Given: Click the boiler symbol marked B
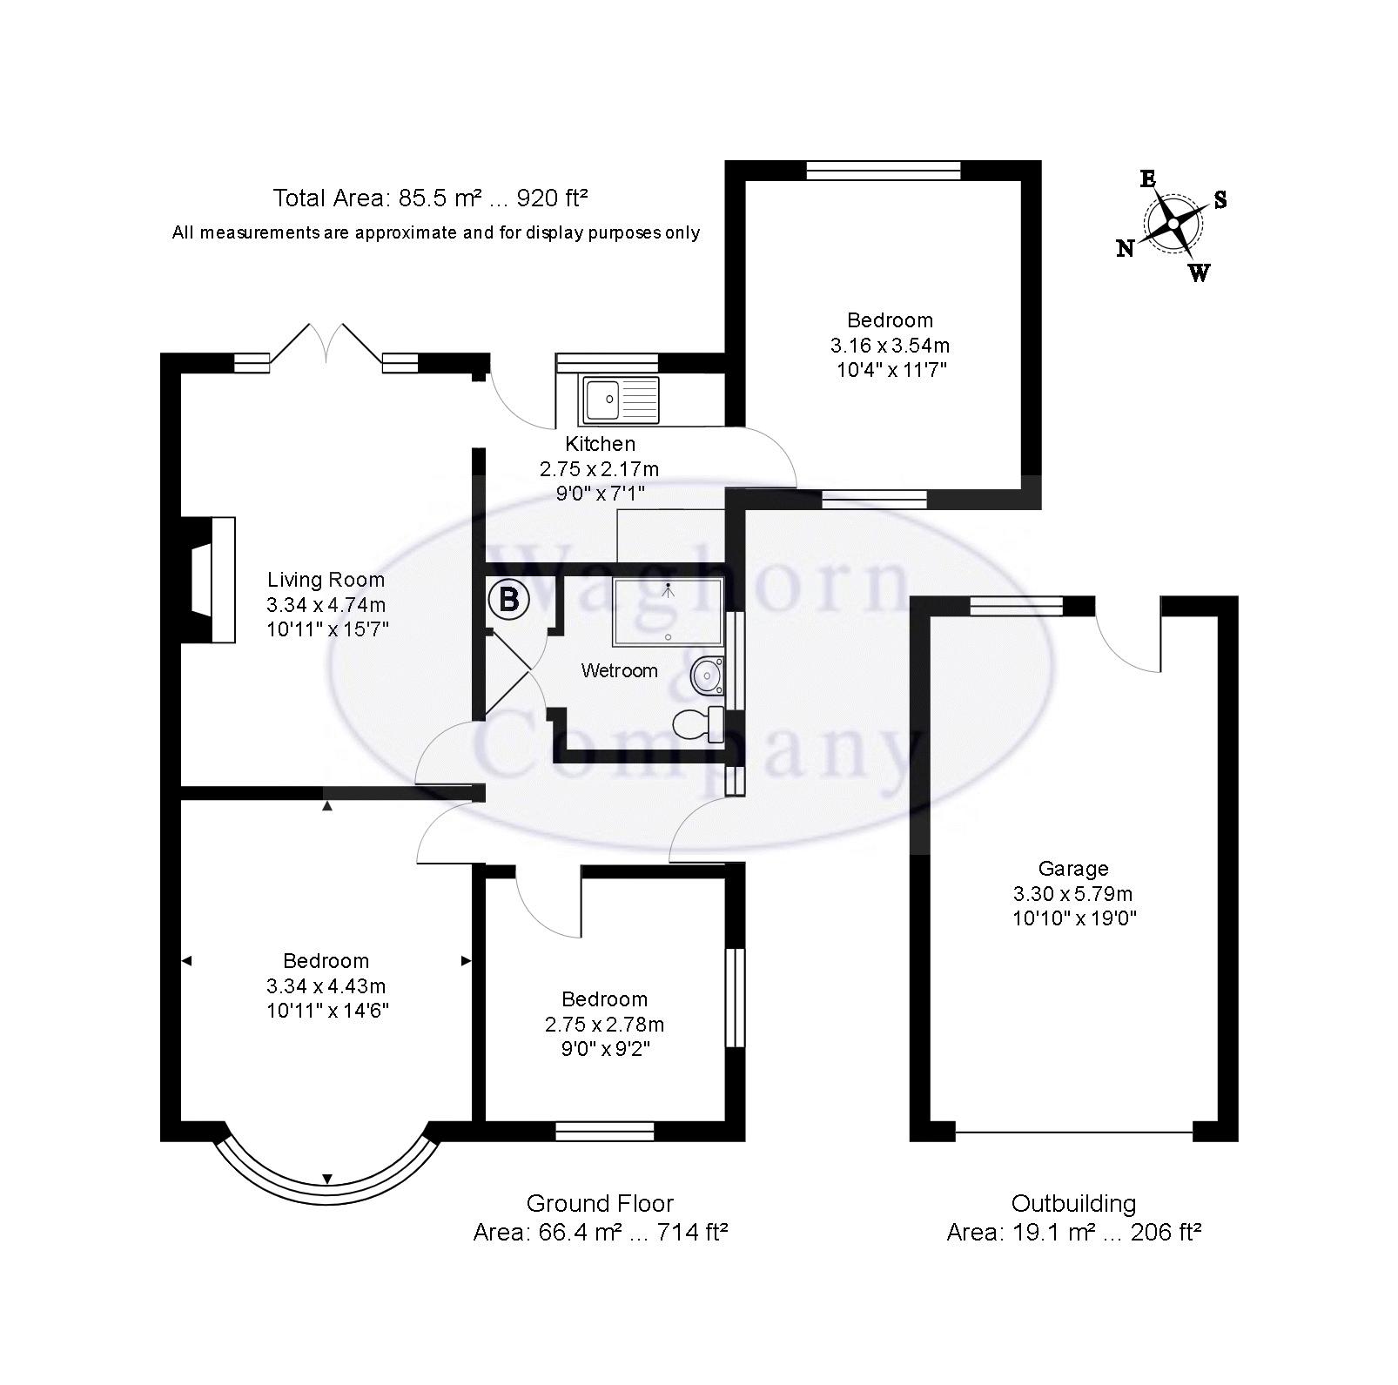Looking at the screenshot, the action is click(x=509, y=600).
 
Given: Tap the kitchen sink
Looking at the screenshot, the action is click(x=622, y=400).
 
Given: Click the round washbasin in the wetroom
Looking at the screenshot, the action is click(x=708, y=674).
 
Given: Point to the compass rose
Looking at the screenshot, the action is click(x=1173, y=225).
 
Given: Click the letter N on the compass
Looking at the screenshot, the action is click(x=1126, y=249).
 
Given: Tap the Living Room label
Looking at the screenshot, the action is click(x=326, y=580).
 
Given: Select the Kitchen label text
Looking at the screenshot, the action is click(x=600, y=444).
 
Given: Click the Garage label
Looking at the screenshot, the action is click(x=1073, y=868).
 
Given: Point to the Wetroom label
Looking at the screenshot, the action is click(x=620, y=670).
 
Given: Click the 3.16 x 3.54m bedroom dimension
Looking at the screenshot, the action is click(x=890, y=345).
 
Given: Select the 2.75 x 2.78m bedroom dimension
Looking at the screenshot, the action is click(x=605, y=1024).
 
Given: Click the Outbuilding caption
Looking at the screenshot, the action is click(x=1073, y=1204).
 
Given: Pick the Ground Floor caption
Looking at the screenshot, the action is click(x=600, y=1204).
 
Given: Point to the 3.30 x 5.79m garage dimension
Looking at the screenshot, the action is click(x=1073, y=893).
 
